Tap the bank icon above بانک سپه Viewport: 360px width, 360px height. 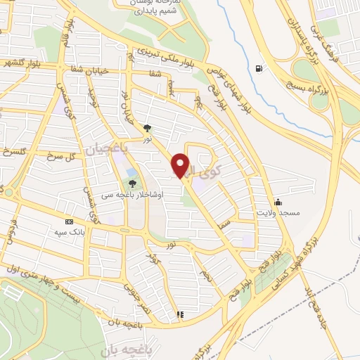(x=69, y=220)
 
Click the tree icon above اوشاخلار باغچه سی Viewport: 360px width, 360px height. (x=133, y=185)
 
